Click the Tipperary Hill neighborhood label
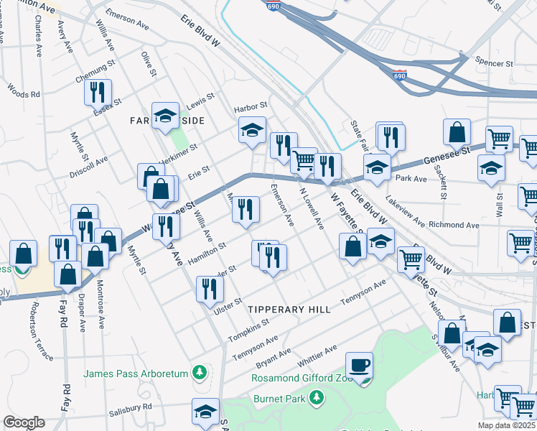coord(289,309)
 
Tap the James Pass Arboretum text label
coord(135,373)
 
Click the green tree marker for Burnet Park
coord(317,398)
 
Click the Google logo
coord(24,422)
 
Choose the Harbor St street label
coord(251,107)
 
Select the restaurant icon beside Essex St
coord(96,93)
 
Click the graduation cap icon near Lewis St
coord(165,115)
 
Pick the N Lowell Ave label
coord(312,209)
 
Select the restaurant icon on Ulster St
coord(210,289)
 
